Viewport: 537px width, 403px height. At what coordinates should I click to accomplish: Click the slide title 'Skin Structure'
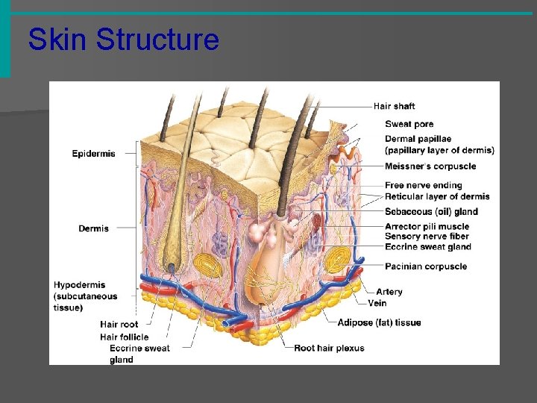[x=123, y=40]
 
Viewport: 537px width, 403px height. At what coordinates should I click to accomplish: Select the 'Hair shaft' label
[x=394, y=107]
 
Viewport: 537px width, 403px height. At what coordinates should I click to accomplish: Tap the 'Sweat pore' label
[x=409, y=124]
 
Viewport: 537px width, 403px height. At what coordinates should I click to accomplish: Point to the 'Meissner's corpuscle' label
[x=430, y=166]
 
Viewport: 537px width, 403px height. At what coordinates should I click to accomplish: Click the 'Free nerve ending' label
[x=423, y=185]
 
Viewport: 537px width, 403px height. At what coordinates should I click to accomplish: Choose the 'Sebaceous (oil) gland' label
[x=431, y=212]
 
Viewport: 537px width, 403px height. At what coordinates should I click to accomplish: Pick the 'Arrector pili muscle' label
[x=427, y=227]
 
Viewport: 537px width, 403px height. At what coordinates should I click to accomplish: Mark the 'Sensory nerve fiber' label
[x=427, y=237]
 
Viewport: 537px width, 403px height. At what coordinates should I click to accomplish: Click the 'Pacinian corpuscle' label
[x=426, y=266]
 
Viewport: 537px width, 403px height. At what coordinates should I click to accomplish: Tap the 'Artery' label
[x=389, y=292]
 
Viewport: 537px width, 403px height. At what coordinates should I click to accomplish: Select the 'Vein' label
[x=377, y=303]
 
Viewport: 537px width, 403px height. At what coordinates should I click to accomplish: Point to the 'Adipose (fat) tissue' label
[x=379, y=322]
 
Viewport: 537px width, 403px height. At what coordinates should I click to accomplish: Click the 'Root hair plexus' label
[x=329, y=348]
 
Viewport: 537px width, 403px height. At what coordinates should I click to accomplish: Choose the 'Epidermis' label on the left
[x=93, y=154]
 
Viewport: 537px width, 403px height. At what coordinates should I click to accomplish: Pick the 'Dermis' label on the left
[x=93, y=228]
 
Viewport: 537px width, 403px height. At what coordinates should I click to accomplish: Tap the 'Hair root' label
[x=119, y=324]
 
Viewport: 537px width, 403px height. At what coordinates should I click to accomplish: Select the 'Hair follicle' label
[x=124, y=337]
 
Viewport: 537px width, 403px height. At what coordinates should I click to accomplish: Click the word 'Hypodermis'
[x=79, y=284]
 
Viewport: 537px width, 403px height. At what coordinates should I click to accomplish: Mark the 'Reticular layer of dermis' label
[x=437, y=196]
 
